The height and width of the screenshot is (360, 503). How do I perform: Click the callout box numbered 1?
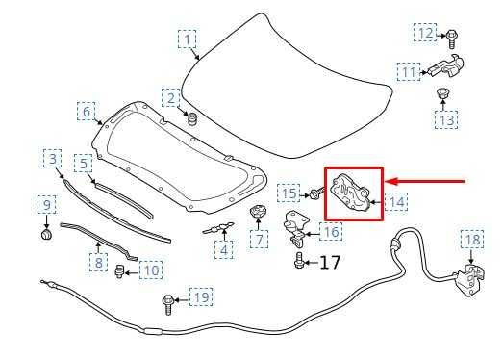pos(189,39)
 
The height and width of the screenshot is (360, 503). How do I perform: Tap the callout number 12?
pos(425,34)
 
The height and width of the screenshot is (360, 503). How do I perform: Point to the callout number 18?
pos(471,240)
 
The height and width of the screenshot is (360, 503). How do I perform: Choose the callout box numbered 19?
pos(200,297)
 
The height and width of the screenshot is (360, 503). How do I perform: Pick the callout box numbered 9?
pos(45,204)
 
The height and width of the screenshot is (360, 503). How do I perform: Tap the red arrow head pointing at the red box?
pos(393,180)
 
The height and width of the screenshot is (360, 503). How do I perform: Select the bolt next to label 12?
pos(450,36)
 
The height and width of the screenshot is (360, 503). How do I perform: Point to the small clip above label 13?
pos(444,95)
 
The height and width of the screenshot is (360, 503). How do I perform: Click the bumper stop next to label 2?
pos(190,120)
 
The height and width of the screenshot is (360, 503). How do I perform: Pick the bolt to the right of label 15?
pos(314,194)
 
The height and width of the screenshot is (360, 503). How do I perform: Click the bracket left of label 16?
pos(298,229)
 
